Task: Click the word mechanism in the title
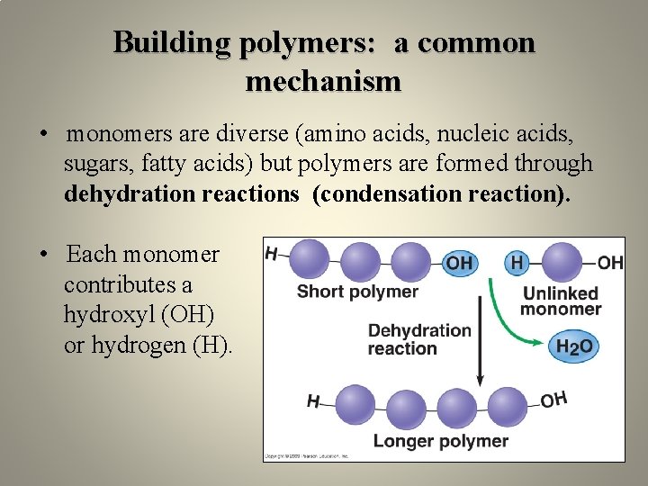(323, 82)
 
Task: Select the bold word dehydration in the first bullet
(125, 193)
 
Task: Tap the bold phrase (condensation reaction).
(441, 193)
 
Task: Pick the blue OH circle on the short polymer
(459, 262)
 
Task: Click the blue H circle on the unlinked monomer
(517, 262)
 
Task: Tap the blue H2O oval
(573, 346)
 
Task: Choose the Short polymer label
(357, 291)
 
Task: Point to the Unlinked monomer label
(561, 301)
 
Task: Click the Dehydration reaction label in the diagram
(418, 339)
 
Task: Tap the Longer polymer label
(440, 441)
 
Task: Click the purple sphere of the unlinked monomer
(562, 261)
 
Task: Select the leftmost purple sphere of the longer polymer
(354, 405)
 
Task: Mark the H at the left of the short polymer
(271, 254)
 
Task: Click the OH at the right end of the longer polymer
(554, 399)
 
